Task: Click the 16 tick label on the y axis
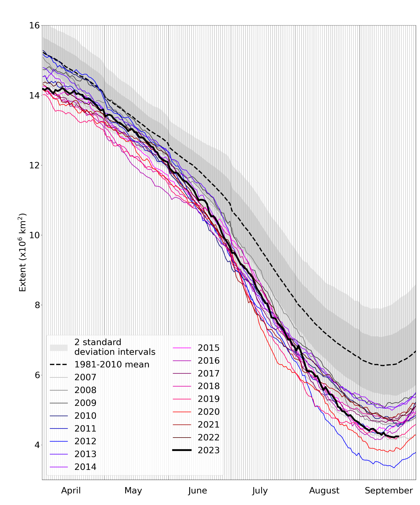click(34, 25)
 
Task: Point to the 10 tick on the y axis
click(34, 235)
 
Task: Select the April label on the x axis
click(71, 490)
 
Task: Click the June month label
click(197, 490)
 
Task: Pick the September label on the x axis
click(389, 490)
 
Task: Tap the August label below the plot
click(324, 490)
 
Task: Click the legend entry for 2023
click(209, 450)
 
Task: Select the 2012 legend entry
click(85, 441)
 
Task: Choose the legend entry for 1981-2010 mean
click(112, 364)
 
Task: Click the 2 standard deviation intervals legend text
click(115, 347)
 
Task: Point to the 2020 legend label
click(209, 412)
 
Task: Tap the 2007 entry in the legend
click(85, 377)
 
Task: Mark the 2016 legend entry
click(209, 361)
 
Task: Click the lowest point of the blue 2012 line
click(394, 467)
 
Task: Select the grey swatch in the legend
click(59, 348)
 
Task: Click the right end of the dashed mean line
click(415, 351)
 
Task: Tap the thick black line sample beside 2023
click(182, 450)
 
